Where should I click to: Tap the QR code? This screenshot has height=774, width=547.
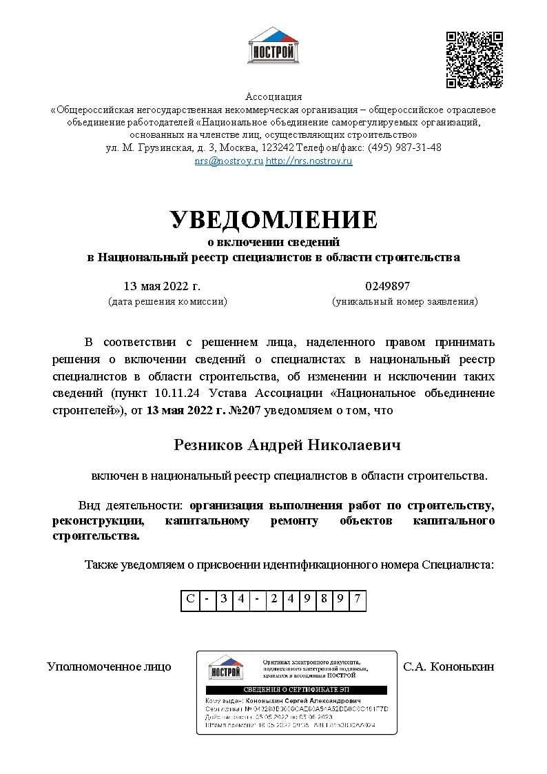[x=474, y=59]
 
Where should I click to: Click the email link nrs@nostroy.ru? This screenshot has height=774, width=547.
[x=229, y=161]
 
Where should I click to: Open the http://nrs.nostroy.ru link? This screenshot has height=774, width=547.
[x=309, y=161]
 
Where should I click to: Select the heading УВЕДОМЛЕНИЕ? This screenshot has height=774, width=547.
[x=273, y=219]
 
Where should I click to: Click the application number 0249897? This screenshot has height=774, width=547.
[x=387, y=286]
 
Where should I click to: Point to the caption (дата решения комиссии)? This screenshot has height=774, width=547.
[x=167, y=301]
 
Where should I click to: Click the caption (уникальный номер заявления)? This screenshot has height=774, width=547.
[x=404, y=301]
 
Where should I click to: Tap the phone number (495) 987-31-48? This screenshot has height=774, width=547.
[x=404, y=147]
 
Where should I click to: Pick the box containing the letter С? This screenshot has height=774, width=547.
[x=190, y=598]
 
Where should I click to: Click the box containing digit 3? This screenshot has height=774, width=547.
[x=223, y=598]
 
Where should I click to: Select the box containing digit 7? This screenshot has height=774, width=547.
[x=357, y=598]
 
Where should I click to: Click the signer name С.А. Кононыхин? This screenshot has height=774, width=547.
[x=448, y=666]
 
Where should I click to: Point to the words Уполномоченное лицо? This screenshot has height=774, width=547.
[x=109, y=666]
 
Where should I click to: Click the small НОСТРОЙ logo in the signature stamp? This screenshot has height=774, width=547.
[x=225, y=668]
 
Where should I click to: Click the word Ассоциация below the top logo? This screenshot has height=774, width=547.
[x=273, y=96]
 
